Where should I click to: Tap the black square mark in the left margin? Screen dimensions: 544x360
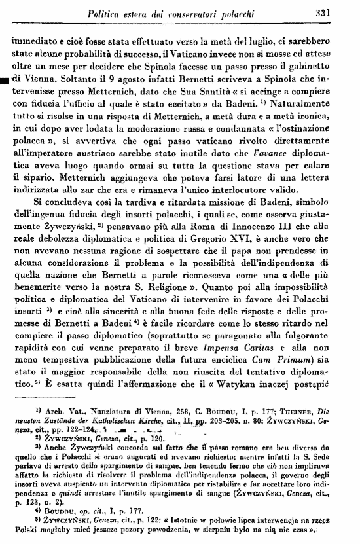point(5,81)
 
